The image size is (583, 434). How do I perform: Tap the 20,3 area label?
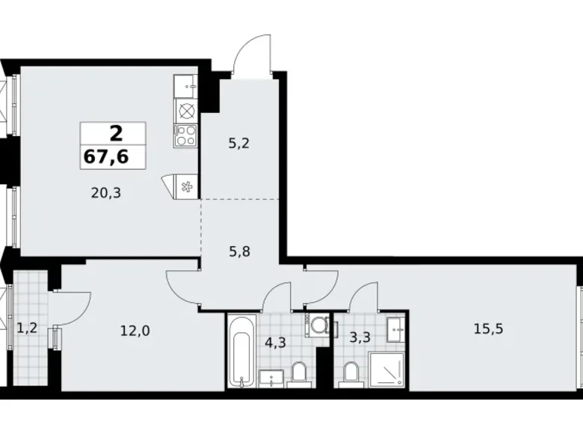[105, 192]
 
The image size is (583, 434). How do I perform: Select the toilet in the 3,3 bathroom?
[350, 372]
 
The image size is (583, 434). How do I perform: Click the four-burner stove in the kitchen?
[185, 135]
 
